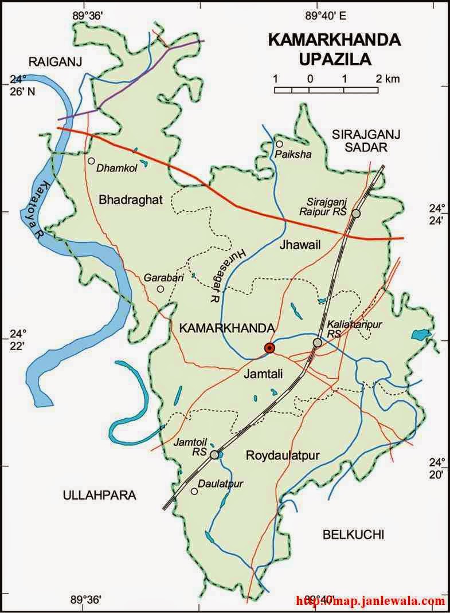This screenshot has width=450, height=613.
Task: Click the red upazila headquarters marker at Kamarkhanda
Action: (269, 348)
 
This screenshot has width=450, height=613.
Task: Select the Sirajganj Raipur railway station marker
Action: (356, 214)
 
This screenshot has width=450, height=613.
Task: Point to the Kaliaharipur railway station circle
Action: (317, 343)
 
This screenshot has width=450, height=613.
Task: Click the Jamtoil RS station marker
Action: (214, 455)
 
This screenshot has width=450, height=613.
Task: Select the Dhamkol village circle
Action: (91, 161)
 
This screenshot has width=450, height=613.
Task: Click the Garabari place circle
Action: (161, 289)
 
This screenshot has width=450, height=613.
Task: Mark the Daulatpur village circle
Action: (195, 492)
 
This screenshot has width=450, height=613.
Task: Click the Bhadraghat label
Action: (131, 200)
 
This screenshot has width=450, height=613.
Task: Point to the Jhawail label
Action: (299, 246)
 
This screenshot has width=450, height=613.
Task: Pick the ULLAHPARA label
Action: (100, 496)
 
